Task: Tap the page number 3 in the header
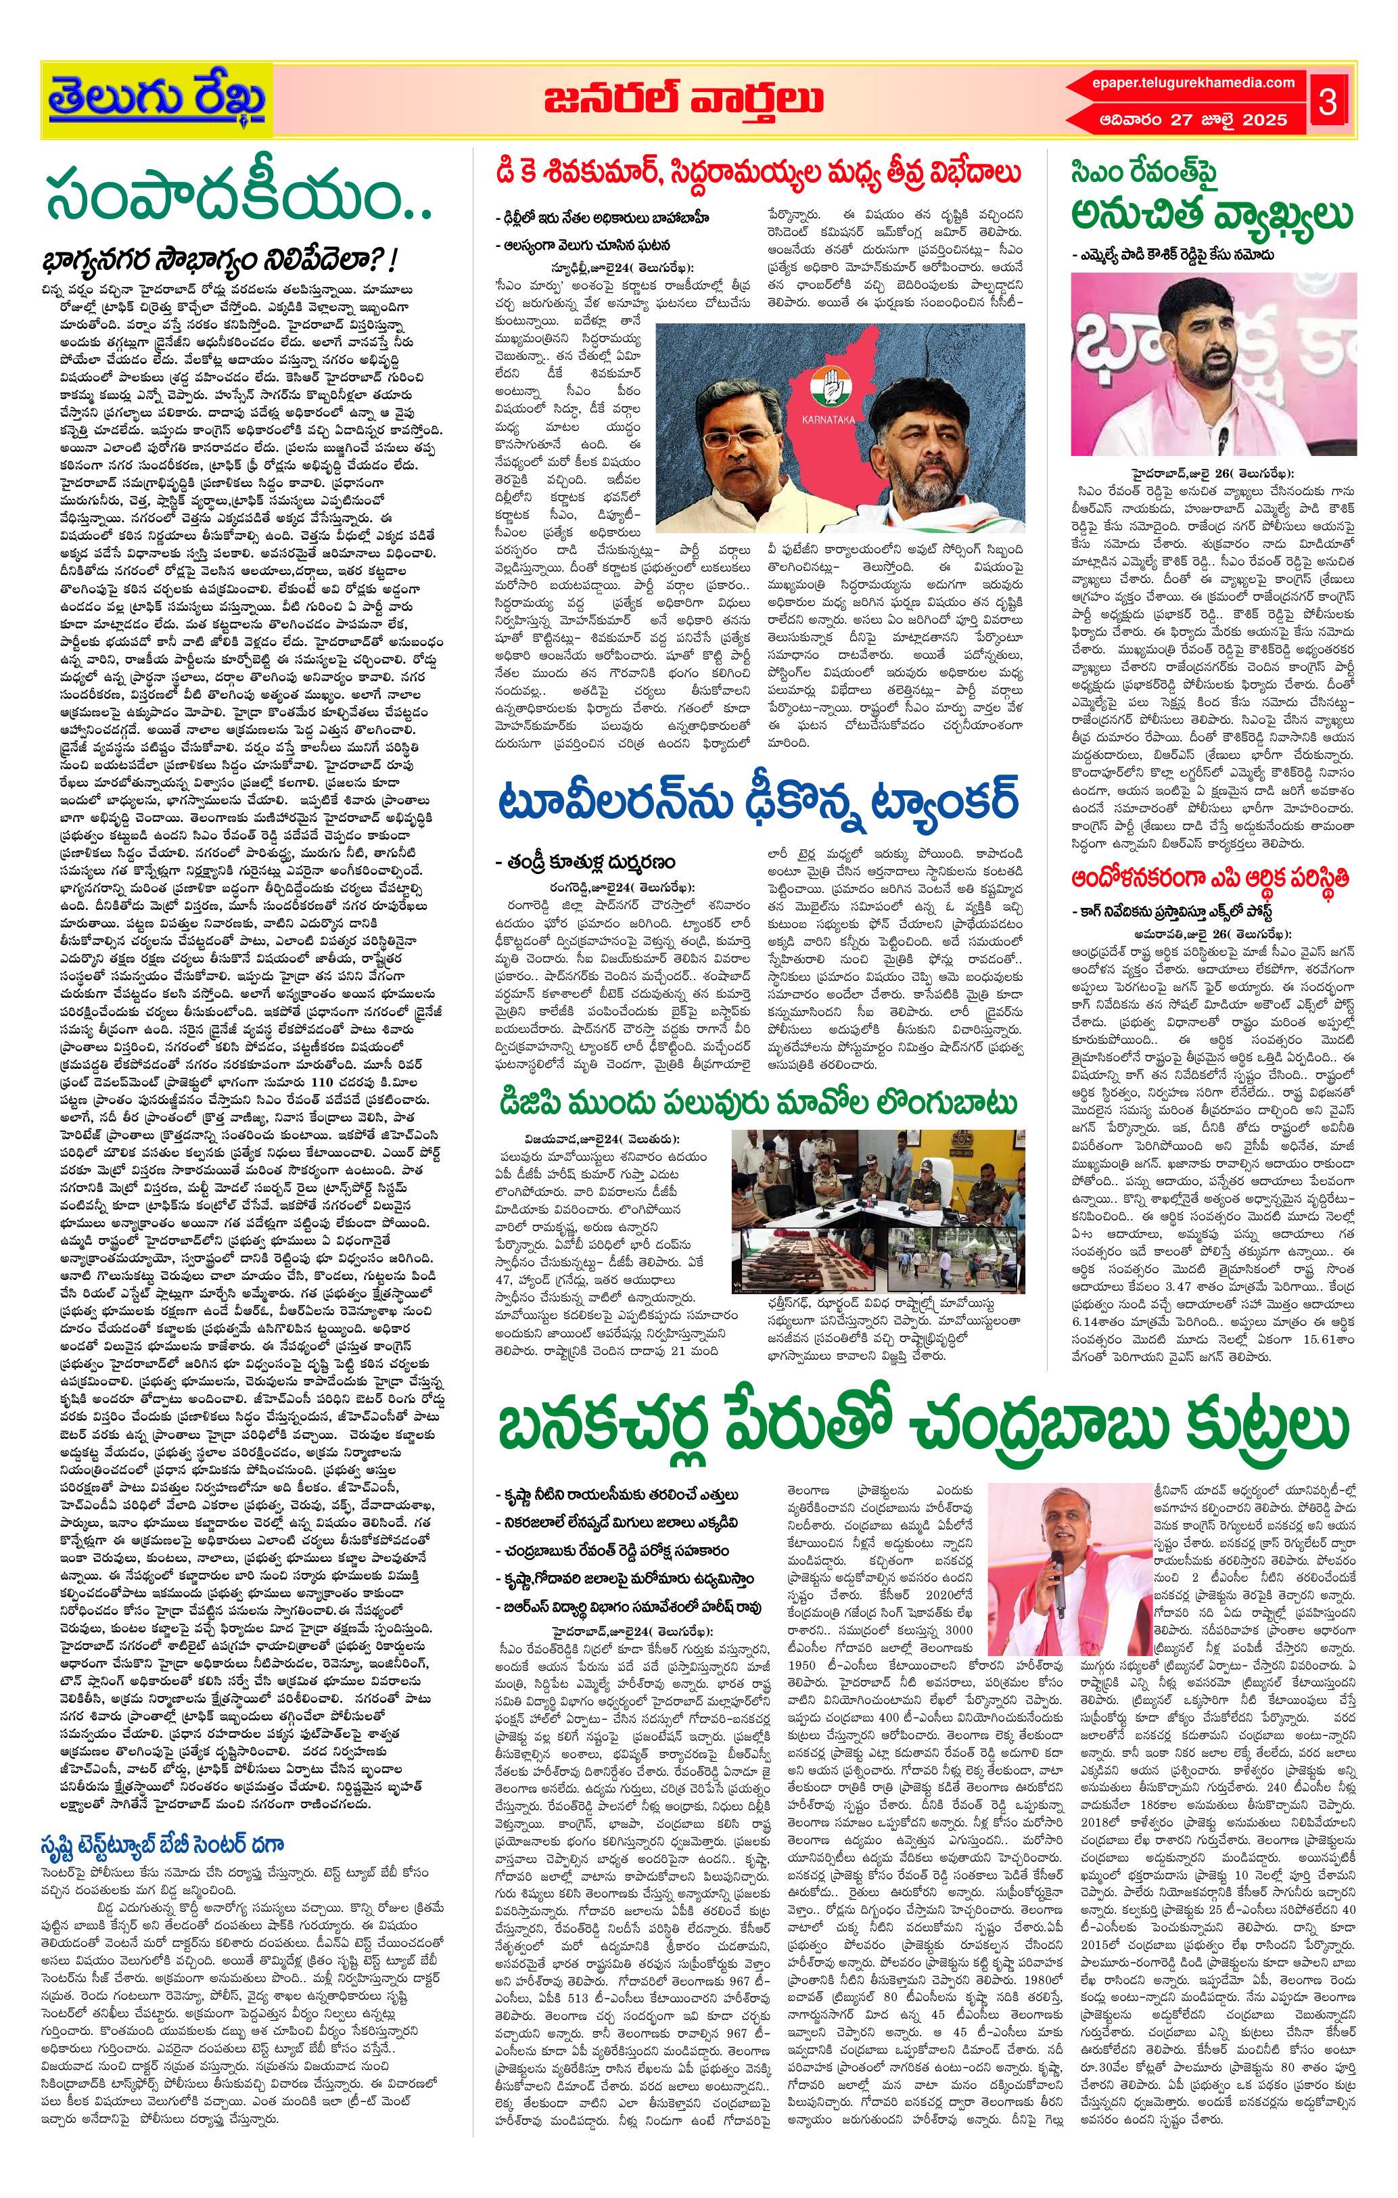[x=1327, y=101]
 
